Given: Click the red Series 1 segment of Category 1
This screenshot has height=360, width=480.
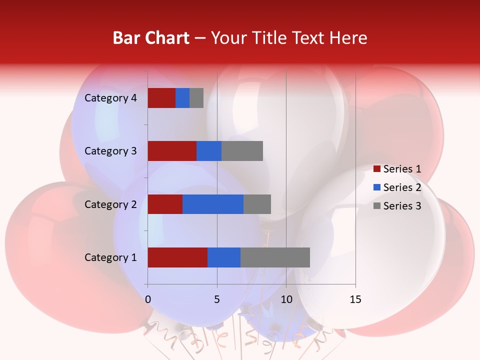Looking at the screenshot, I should (177, 257).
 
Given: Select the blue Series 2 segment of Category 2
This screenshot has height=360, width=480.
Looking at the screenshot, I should (213, 204).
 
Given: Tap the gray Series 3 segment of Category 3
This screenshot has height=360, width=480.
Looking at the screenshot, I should (242, 151).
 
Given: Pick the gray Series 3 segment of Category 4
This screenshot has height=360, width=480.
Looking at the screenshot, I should (196, 98).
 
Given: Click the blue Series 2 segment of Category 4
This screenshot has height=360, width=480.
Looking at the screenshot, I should (182, 98).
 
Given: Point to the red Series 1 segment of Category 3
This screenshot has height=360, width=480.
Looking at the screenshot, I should (172, 151).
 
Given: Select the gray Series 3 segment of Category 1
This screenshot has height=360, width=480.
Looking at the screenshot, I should (275, 257).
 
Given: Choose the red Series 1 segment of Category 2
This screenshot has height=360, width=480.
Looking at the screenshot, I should (165, 204).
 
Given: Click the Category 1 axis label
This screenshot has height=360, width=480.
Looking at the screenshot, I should (110, 257).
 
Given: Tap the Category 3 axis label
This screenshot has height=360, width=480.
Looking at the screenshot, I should (110, 151).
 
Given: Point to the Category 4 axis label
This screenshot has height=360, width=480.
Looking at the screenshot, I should (110, 98).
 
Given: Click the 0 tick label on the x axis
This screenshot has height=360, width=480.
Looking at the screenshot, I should (148, 299).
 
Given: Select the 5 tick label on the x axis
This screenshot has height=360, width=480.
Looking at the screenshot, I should (217, 299).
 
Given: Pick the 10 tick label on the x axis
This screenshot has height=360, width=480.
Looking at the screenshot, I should (286, 299).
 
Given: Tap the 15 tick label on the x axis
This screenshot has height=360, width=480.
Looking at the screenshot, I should (355, 299).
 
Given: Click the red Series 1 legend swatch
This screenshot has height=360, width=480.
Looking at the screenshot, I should (376, 169).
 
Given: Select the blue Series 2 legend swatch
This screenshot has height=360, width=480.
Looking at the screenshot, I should (376, 187).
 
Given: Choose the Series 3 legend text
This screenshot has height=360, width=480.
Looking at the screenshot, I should (402, 206).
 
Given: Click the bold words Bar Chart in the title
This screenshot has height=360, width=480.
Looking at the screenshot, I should (151, 38).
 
